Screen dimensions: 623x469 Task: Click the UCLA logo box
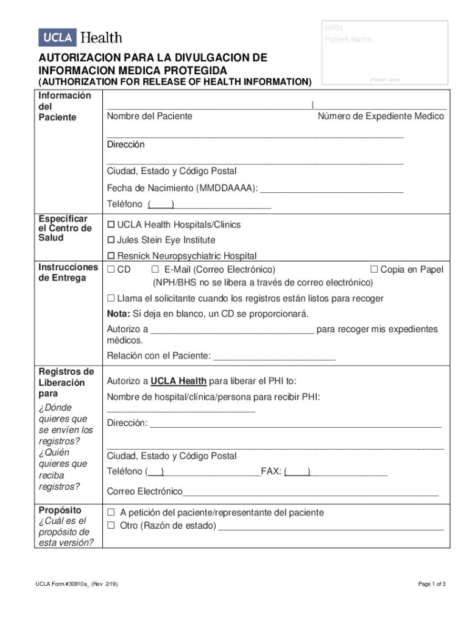[58, 38]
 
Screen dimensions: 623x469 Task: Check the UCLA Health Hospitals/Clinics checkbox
[111, 225]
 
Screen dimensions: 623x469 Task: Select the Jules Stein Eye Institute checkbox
[111, 240]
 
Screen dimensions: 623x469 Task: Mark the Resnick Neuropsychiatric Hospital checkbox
[111, 256]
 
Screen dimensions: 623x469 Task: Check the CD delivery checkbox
[111, 270]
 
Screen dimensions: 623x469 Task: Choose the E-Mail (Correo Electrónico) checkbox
[155, 270]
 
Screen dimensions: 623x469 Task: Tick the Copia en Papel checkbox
[375, 270]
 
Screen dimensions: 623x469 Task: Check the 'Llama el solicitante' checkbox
[111, 299]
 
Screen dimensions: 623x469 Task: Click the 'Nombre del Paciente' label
[150, 116]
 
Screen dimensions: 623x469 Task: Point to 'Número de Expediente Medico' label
[381, 116]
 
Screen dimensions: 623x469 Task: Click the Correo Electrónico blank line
[311, 492]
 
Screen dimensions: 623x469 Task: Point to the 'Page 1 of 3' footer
[432, 585]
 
